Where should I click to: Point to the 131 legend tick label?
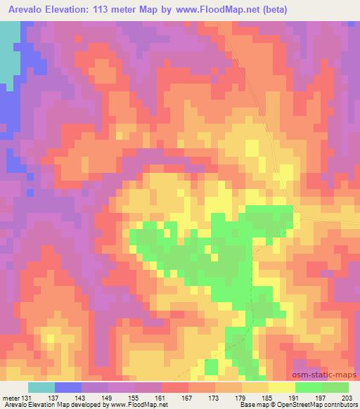point(26,398)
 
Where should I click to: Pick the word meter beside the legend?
point(9,398)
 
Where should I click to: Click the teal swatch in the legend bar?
point(41,387)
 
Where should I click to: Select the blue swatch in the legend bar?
point(68,387)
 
